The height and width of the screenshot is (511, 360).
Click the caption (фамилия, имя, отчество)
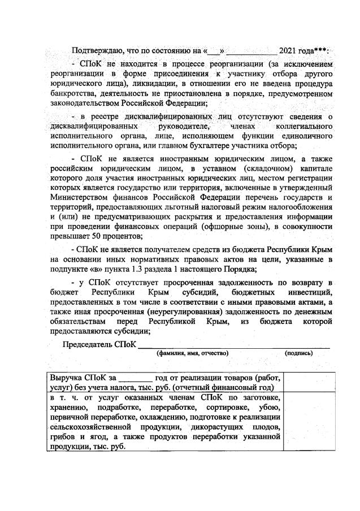192,353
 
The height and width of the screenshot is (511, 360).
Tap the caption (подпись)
300,353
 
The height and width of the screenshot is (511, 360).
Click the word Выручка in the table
66,377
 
